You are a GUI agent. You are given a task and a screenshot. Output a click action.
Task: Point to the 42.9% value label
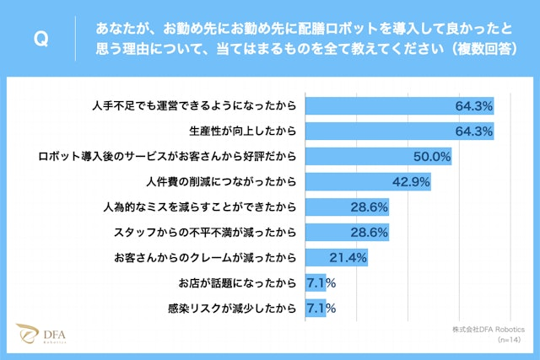point(411,181)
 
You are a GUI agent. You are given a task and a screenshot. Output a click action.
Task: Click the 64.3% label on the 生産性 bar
point(473,132)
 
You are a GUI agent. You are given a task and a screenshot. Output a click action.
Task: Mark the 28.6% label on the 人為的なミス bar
point(369,207)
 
